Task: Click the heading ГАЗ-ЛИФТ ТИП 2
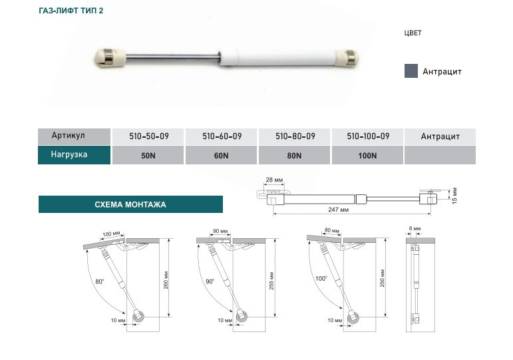point(71,11)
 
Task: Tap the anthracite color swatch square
point(411,71)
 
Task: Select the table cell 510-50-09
point(148,136)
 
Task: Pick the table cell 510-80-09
point(295,136)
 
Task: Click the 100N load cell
point(367,156)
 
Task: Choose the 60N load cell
point(221,156)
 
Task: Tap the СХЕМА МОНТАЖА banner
point(130,204)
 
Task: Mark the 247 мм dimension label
point(338,210)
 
